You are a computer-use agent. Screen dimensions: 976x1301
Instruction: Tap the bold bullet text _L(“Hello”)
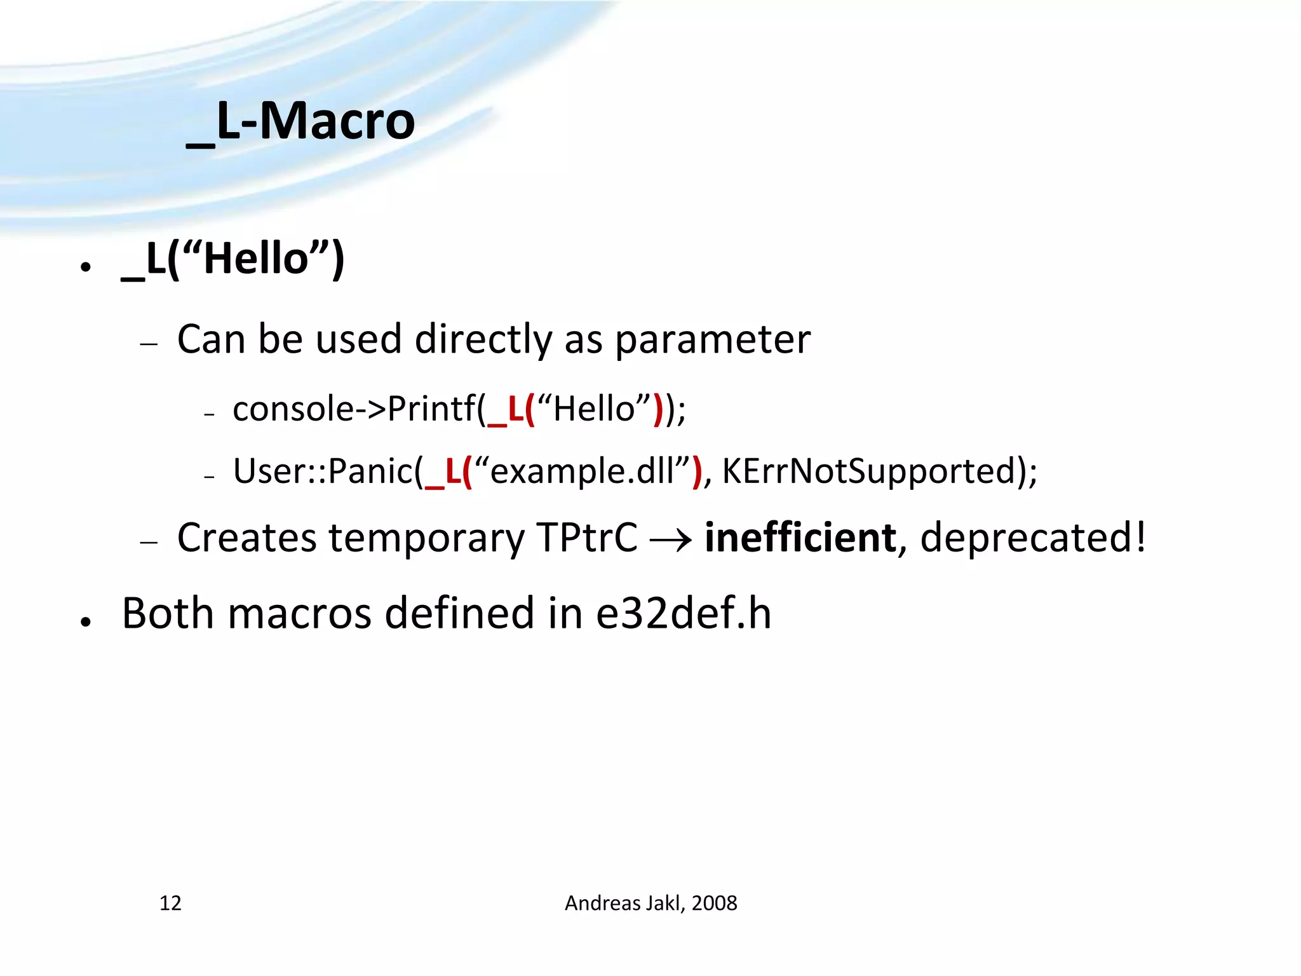coord(233,259)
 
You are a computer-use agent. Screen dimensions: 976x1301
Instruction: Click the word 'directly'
coord(483,339)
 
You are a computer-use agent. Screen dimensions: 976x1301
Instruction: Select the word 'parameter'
coord(713,339)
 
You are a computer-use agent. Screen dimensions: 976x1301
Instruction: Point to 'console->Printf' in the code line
coord(354,409)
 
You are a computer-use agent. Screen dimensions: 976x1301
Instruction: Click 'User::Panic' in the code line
coord(323,471)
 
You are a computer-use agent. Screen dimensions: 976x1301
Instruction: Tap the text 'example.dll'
coord(582,471)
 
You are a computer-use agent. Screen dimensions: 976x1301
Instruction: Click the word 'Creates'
coord(246,538)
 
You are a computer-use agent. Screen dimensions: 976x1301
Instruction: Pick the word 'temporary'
coord(426,538)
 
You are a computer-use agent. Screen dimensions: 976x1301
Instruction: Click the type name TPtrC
coord(586,538)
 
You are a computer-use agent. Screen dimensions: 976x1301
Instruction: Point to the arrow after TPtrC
coord(671,540)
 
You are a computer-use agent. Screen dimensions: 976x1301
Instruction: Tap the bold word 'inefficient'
coord(800,538)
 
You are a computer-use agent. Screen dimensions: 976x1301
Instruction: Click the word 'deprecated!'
coord(1033,538)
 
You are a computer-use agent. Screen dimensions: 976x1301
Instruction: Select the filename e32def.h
coord(684,614)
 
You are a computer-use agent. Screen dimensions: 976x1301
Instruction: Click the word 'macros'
coord(299,614)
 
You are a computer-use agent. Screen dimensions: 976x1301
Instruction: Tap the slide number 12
coord(170,903)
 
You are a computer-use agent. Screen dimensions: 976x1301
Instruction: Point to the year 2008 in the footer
coord(714,903)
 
